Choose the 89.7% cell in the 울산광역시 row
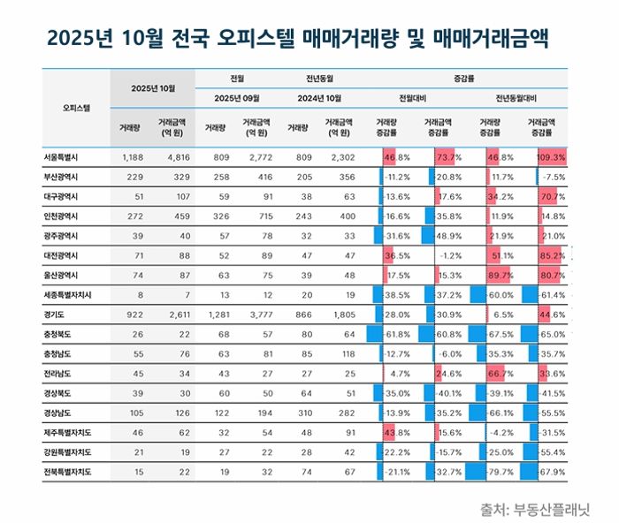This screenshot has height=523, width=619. [x=500, y=275]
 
